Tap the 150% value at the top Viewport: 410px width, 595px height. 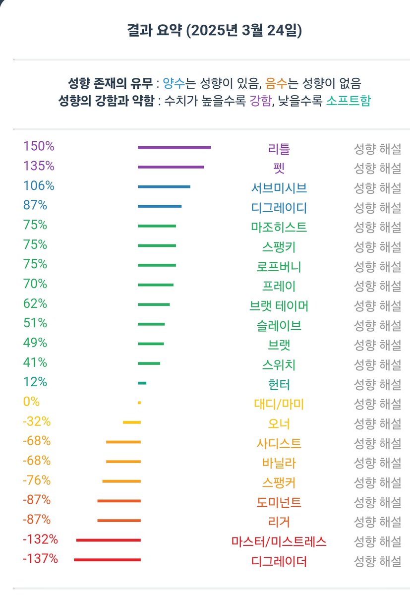[39, 147]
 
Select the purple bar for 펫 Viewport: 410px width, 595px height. [171, 167]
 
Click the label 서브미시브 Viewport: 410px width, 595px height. [279, 188]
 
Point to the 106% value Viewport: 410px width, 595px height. [39, 186]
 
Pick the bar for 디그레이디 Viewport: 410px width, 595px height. [160, 206]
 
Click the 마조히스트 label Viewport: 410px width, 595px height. [279, 227]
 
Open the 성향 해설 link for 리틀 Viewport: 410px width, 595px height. [377, 148]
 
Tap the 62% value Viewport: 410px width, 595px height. [35, 303]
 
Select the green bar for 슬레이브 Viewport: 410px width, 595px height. [151, 324]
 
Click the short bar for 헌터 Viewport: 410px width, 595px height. [142, 383]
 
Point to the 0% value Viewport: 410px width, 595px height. [31, 402]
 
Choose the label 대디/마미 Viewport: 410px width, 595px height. [279, 404]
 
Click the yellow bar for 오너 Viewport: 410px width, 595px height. [132, 422]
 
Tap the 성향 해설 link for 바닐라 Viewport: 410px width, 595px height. [377, 463]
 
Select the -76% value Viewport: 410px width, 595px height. [37, 480]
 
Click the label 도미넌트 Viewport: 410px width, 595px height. [279, 502]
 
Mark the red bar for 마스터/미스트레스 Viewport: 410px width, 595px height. [109, 540]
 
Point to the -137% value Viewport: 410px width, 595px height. [40, 559]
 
